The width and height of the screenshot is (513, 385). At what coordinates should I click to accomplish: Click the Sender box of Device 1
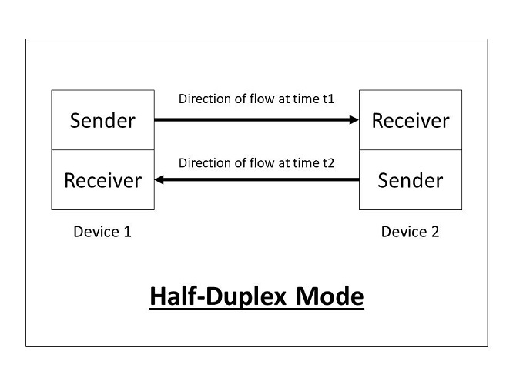click(102, 120)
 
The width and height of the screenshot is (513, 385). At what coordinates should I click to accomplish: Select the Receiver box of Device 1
click(102, 180)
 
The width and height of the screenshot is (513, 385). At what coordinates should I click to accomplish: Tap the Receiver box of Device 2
click(411, 120)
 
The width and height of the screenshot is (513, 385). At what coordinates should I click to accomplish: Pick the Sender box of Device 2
click(411, 180)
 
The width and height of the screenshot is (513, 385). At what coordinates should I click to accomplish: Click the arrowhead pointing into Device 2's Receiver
click(355, 119)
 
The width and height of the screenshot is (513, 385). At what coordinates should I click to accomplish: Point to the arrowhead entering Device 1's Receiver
click(159, 180)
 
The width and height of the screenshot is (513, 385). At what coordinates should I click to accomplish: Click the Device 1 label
click(102, 231)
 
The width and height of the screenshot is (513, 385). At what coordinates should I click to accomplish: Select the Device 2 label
click(411, 231)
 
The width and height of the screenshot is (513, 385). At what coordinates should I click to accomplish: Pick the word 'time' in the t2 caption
click(305, 162)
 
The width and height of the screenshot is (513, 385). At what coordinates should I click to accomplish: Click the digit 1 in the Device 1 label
click(127, 231)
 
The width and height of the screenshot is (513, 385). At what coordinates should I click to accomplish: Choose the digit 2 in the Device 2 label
click(435, 231)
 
